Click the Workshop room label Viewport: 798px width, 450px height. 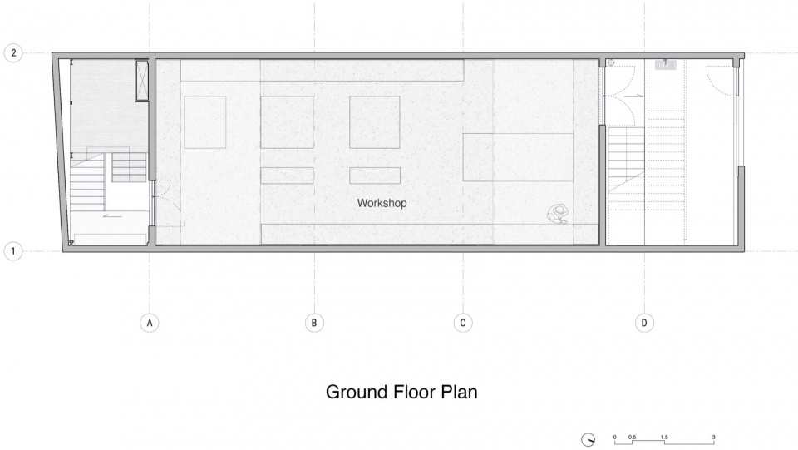click(x=382, y=203)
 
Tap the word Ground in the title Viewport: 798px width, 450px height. click(x=357, y=392)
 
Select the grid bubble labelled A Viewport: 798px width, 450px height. click(x=150, y=323)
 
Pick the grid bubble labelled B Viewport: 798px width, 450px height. click(x=314, y=323)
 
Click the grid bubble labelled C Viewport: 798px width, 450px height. click(x=463, y=323)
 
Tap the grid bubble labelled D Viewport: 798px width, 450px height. click(x=644, y=323)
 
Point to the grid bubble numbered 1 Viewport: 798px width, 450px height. click(x=13, y=251)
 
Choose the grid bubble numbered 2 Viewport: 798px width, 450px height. click(x=13, y=53)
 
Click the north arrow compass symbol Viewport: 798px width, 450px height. click(x=589, y=439)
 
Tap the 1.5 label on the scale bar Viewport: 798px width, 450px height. click(x=664, y=437)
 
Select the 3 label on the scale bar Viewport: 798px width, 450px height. click(x=713, y=437)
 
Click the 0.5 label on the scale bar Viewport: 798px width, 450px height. click(x=632, y=437)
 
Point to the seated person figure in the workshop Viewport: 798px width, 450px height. click(x=558, y=214)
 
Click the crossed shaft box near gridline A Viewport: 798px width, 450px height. click(x=142, y=81)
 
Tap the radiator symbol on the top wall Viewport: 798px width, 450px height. click(x=665, y=65)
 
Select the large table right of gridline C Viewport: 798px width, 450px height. click(x=518, y=157)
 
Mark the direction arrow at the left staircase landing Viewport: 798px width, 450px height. click(x=112, y=215)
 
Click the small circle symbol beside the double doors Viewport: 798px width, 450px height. click(x=611, y=62)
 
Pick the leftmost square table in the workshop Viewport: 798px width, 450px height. click(x=205, y=122)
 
